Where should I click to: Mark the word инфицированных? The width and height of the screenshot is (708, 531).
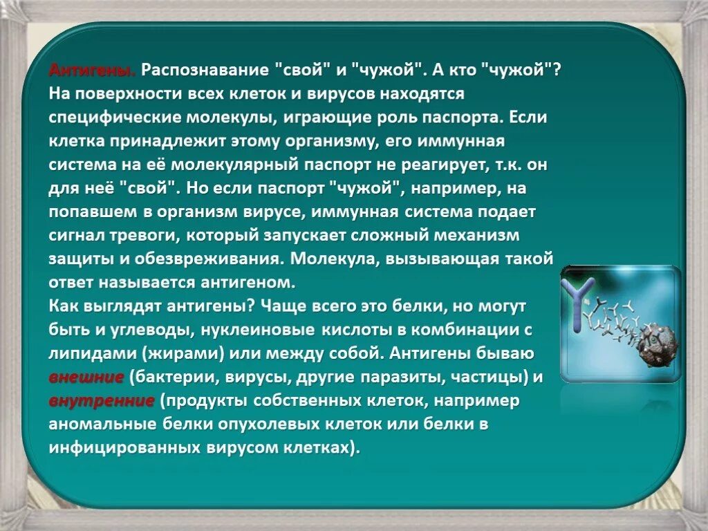(123, 447)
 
